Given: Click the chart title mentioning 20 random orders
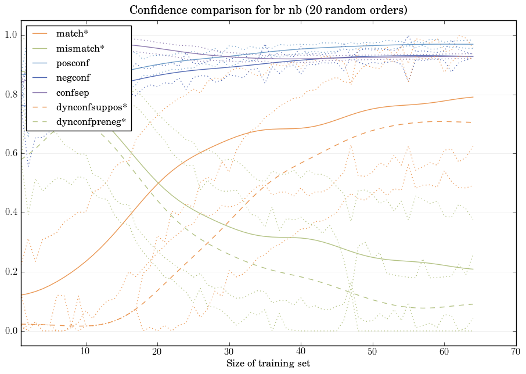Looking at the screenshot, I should (269, 10).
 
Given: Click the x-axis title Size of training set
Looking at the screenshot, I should (268, 364).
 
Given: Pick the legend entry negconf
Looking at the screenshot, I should (73, 77).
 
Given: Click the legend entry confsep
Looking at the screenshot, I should (72, 92).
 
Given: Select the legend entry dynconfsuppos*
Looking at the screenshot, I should (88, 107).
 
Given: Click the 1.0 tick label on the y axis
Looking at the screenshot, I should (11, 36).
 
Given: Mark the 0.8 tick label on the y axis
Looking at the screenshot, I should (11, 95).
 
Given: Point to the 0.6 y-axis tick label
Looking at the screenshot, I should (11, 154).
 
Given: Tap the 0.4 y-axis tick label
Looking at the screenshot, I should (11, 213).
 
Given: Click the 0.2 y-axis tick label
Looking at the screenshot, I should (11, 272).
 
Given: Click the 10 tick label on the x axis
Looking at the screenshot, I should (85, 351).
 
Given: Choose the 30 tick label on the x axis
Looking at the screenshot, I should (229, 351).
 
